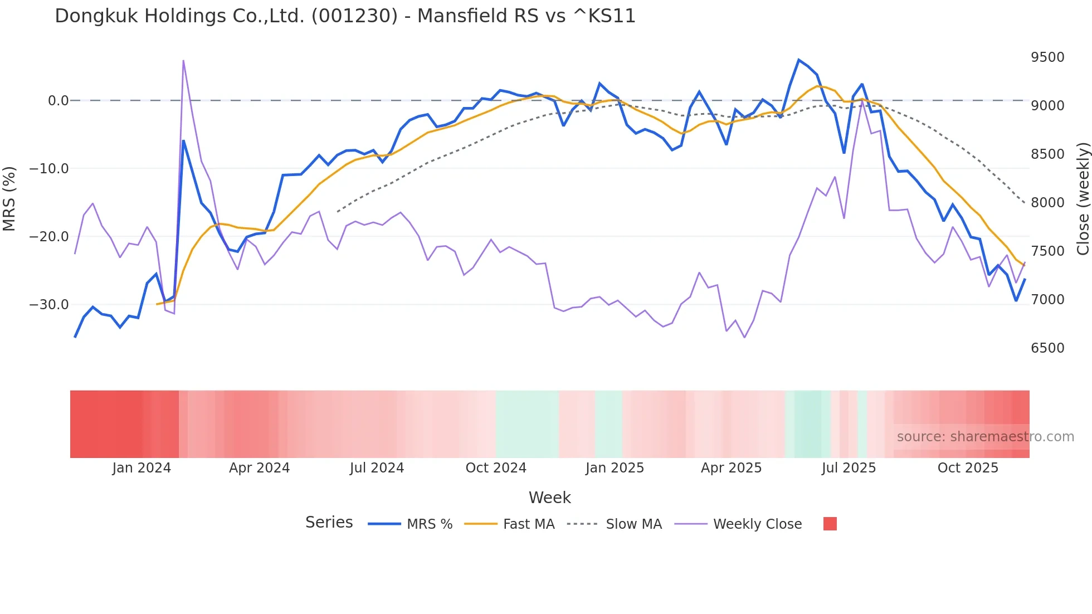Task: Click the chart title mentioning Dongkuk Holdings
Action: [345, 16]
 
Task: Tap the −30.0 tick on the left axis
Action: [49, 305]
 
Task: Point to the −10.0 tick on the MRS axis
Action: [49, 169]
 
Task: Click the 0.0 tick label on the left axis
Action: [58, 101]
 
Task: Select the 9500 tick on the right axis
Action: [1047, 57]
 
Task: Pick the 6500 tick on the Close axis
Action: [1047, 348]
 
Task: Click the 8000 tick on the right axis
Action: [1047, 203]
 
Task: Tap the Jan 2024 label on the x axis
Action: [142, 468]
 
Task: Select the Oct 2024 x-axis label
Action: [496, 468]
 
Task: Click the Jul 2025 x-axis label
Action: [849, 468]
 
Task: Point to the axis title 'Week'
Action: [549, 498]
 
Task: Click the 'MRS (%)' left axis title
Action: [9, 199]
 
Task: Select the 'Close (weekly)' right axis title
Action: [1083, 199]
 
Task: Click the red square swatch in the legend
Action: [830, 524]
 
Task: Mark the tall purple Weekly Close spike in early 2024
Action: [183, 61]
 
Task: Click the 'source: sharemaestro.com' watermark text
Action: [985, 437]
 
